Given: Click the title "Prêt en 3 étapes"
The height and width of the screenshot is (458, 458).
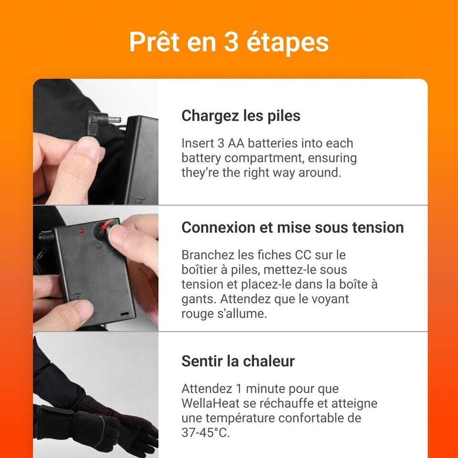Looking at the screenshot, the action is coord(229,42).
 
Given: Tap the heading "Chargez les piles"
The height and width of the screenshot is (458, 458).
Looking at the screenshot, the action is coord(240,115).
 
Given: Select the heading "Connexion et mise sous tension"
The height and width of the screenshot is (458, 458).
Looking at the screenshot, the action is coord(292,227).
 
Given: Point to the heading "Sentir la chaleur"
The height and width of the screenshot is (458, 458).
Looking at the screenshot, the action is coord(238,361).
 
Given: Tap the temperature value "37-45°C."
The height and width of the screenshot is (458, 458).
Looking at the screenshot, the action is coord(206,432).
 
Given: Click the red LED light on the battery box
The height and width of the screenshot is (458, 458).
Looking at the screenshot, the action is coord(82,231).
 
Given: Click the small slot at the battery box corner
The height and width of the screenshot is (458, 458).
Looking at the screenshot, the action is coord(125,313).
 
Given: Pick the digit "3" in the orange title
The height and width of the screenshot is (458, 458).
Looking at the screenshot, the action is coord(231,42).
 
